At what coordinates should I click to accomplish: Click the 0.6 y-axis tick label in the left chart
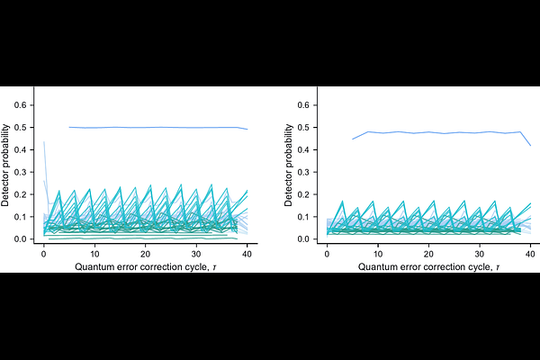coord(21,105)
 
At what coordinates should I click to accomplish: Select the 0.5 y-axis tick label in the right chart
coord(304,128)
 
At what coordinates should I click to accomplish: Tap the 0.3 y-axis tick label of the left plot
coord(21,172)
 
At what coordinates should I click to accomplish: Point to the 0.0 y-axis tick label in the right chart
coord(304,239)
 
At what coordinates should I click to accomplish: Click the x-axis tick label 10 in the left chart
coord(94,254)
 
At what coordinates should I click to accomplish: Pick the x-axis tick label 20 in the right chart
coord(428,254)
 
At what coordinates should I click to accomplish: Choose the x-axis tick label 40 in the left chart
coord(247,254)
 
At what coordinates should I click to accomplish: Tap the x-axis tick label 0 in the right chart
coord(328,254)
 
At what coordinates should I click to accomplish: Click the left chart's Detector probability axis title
coord(5,166)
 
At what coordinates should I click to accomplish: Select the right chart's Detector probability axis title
coord(288,166)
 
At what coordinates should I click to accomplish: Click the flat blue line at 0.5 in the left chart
coord(158,128)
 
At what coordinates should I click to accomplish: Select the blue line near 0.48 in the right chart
coord(442,132)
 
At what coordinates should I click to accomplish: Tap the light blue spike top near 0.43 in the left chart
coord(44,142)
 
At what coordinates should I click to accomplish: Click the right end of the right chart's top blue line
coord(531,146)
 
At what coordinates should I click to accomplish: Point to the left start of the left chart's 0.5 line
coord(69,127)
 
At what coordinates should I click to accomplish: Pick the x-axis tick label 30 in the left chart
coord(196,254)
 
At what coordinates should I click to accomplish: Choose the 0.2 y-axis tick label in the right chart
coord(304,194)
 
